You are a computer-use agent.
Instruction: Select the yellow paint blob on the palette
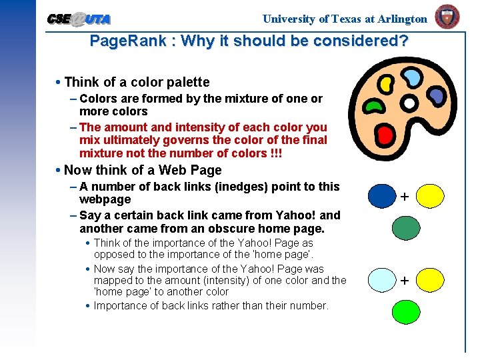[385, 84]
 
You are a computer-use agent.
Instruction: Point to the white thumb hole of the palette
[409, 104]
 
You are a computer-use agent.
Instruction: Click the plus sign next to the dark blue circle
[405, 196]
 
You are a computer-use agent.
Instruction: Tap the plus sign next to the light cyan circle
[405, 281]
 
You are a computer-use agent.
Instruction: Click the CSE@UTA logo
[79, 19]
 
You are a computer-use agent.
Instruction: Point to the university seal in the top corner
[447, 17]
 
